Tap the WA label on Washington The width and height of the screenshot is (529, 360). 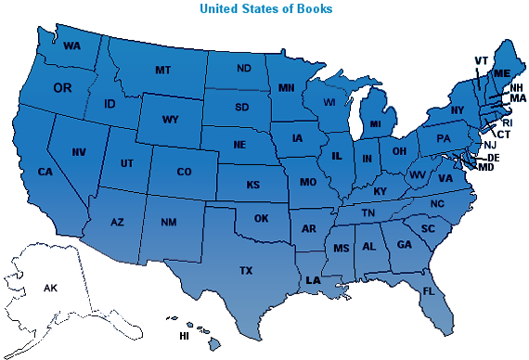(72, 45)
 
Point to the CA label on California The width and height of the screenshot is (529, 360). (45, 171)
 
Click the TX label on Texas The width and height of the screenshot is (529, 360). (246, 271)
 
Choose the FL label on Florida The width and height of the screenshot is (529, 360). (428, 291)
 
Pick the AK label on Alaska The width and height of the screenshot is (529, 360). (50, 289)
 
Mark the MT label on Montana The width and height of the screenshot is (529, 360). (163, 71)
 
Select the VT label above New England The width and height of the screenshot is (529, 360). (481, 61)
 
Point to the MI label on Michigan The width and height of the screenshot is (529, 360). (375, 123)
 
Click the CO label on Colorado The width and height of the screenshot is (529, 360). (184, 172)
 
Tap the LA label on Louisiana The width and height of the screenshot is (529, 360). (314, 279)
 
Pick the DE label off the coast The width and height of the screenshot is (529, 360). (494, 159)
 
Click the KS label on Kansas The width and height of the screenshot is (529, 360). (252, 185)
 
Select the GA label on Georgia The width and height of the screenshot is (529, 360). (405, 244)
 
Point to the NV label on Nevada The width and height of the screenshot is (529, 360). (80, 151)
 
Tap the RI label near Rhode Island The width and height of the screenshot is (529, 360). (507, 122)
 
